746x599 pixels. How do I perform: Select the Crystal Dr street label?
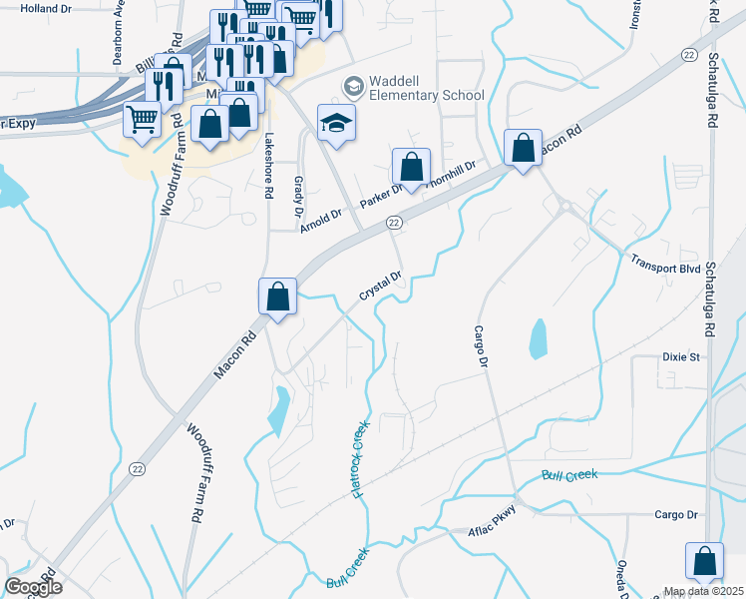[x=380, y=287]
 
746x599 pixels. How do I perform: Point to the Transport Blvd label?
[x=667, y=262]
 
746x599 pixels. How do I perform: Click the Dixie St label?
[x=682, y=356]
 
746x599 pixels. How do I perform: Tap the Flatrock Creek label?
[x=360, y=458]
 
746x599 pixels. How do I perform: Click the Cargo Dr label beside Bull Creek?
[x=675, y=514]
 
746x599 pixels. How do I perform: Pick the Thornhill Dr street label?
[x=452, y=175]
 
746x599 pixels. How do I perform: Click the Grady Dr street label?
[x=298, y=195]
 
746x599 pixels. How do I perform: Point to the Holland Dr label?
[x=46, y=8]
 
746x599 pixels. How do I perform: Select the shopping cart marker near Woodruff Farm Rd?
[x=142, y=121]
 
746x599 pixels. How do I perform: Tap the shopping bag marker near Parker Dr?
[x=411, y=167]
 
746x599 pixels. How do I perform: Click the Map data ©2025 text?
[x=704, y=591]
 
